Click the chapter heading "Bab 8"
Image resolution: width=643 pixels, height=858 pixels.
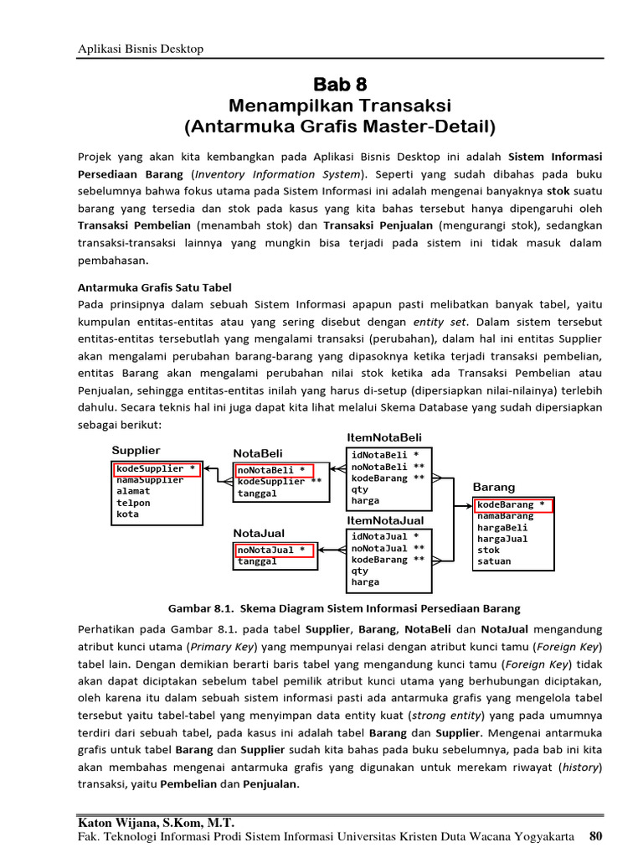340,85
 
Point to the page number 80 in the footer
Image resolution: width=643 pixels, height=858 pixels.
595,835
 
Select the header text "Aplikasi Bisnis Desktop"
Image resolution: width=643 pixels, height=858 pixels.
140,49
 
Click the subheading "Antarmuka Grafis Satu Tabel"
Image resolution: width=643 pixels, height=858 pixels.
154,287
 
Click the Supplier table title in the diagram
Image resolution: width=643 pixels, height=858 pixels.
136,451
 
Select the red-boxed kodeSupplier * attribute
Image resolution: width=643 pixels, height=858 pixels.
157,468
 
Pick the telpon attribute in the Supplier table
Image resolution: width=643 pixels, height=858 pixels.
134,503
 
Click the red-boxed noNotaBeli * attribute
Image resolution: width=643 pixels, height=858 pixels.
274,470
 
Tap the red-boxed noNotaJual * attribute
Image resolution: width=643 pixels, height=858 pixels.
274,550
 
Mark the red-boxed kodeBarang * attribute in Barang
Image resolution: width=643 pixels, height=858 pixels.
513,504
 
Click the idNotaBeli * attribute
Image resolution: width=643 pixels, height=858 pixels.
385,454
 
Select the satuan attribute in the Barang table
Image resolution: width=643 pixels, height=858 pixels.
494,561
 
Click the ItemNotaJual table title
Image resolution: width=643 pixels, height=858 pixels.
385,520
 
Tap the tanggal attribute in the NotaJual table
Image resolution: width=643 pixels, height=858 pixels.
257,561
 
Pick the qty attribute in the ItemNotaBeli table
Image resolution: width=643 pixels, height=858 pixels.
360,489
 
